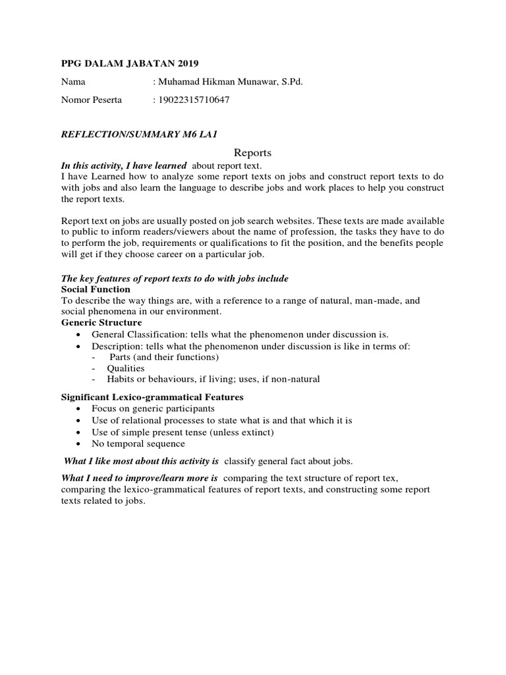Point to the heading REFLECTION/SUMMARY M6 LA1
139,134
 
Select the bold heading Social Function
96,289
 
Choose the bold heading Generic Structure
101,323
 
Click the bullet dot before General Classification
78,335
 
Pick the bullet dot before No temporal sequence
78,444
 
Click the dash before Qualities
95,368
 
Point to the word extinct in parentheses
254,432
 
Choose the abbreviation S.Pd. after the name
291,82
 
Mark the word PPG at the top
72,63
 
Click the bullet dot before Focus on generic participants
78,409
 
